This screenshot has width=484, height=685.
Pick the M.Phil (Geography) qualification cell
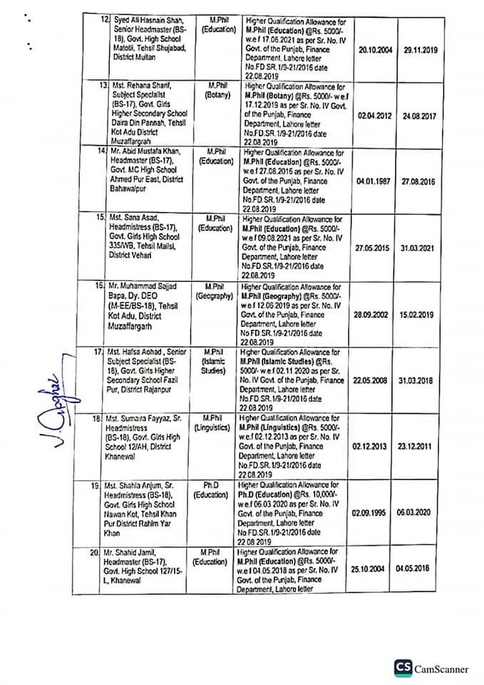(216, 290)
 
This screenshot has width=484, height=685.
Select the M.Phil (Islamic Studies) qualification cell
(216, 362)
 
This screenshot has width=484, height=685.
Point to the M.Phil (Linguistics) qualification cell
(216, 424)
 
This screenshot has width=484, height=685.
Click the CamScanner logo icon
(403, 668)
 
